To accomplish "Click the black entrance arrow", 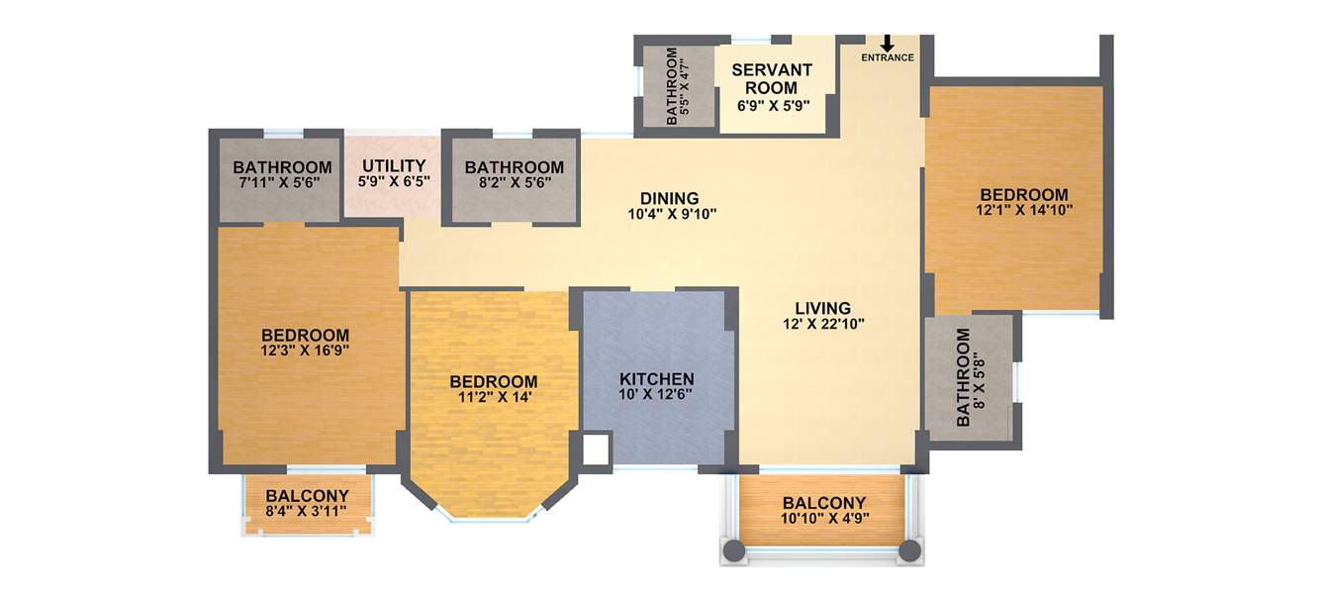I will pos(887,44).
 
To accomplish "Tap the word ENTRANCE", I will pos(887,58).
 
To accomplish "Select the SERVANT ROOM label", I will pos(772,78).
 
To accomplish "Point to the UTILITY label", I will pos(394,165).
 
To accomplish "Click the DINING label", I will pos(669,198).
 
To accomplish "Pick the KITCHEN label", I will pos(657,379).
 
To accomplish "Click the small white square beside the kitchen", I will pos(597,449).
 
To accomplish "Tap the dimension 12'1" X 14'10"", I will pos(1024,210).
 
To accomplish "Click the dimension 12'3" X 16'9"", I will pos(305,351).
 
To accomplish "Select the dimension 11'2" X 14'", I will pos(493,397).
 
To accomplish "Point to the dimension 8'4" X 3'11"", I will pos(308,512).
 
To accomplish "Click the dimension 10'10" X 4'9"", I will pos(823,519).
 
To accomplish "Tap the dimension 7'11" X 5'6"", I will pos(282,182).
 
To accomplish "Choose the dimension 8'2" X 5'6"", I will pos(514,182).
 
